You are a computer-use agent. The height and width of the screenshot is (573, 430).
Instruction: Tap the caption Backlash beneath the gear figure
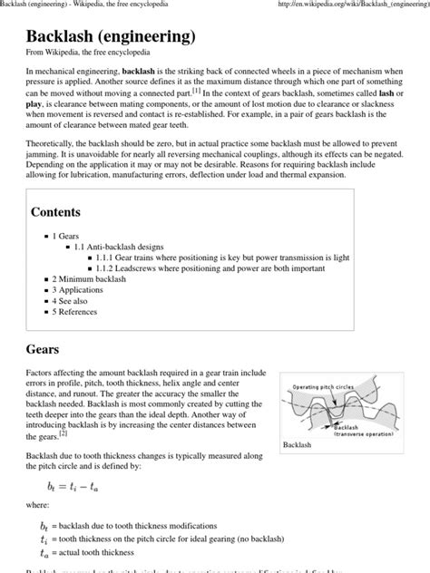point(297,445)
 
